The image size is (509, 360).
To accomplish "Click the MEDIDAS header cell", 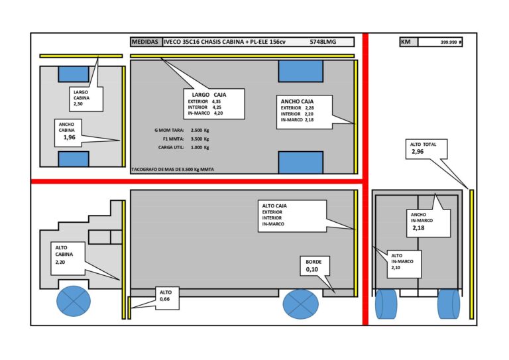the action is [146, 42].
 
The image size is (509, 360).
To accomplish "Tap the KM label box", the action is [409, 42].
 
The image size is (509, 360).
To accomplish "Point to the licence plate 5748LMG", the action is [323, 42].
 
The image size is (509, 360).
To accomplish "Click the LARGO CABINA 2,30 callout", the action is [86, 99].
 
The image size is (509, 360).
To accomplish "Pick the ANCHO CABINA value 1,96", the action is [69, 137].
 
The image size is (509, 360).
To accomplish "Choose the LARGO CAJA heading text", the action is [209, 95].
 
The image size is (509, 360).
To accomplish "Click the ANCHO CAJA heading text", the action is [297, 101].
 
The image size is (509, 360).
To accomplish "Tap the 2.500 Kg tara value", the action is [199, 130].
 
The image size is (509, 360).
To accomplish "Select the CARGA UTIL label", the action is [171, 147].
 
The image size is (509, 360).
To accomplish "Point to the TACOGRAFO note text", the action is [173, 170].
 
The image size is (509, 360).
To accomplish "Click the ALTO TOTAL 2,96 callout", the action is [427, 149].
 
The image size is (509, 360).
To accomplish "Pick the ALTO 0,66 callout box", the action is [167, 298].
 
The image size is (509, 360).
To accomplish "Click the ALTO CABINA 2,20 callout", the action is [68, 258].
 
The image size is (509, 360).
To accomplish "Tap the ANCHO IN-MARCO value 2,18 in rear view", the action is [418, 228].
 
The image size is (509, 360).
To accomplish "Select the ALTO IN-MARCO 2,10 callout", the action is [404, 264].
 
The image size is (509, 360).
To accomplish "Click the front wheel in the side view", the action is [74, 301].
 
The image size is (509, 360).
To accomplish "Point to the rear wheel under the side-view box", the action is [301, 304].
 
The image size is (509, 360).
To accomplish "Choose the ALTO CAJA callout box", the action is [292, 216].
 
